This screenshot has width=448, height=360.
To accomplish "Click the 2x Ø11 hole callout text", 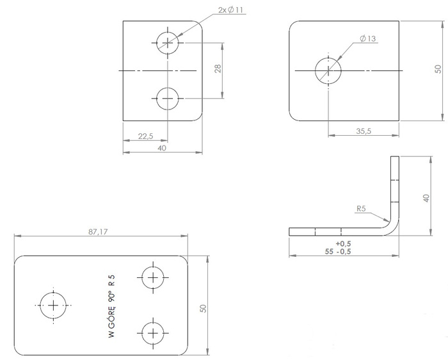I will [231, 11].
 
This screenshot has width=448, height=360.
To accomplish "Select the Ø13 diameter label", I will [368, 39].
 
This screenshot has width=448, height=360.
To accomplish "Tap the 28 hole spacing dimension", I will [218, 69].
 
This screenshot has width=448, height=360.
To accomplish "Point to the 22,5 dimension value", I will [145, 136].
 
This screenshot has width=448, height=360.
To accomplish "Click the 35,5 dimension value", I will [363, 130].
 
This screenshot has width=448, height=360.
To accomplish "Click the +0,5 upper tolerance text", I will [343, 243].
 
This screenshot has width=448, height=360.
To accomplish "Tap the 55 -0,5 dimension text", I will [339, 251].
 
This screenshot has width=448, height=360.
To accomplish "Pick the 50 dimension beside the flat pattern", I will [203, 308].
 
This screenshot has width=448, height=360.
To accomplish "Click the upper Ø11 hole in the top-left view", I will [168, 43].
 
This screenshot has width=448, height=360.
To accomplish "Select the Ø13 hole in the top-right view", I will [327, 70].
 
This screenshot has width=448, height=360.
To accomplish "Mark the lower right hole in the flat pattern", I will [152, 332].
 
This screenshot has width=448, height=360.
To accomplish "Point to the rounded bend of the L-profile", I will [392, 224].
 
